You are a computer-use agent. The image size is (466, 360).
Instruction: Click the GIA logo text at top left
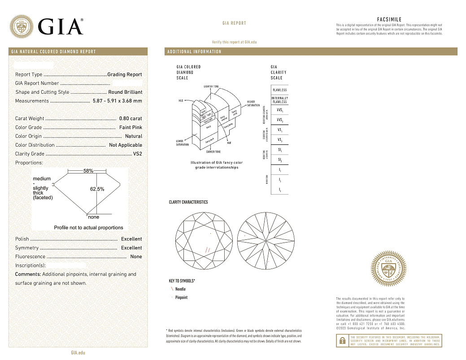[61, 26]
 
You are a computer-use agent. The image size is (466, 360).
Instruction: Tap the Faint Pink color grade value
[131, 127]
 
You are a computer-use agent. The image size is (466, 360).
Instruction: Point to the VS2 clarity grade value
[137, 154]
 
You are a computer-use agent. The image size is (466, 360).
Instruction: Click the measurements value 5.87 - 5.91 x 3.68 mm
[117, 101]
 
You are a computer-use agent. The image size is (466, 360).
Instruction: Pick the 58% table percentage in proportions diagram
[88, 171]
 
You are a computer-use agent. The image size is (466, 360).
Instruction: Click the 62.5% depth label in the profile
[97, 189]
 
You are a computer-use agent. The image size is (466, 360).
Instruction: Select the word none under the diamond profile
[94, 217]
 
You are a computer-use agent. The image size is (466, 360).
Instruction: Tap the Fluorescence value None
[136, 256]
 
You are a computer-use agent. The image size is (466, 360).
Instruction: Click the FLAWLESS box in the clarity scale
[279, 90]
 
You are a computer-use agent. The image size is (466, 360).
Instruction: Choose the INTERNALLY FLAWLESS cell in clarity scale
[279, 100]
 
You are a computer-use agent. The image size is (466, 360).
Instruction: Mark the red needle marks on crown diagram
[207, 250]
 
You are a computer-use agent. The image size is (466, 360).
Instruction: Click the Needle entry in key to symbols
[180, 289]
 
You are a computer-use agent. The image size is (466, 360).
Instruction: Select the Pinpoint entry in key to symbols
[181, 298]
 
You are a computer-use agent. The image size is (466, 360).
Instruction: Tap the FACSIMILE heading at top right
[389, 20]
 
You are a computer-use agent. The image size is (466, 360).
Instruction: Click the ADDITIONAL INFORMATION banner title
[194, 52]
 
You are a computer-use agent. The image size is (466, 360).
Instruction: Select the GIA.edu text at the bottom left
[78, 353]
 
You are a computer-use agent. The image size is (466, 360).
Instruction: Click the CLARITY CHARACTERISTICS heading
[188, 202]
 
